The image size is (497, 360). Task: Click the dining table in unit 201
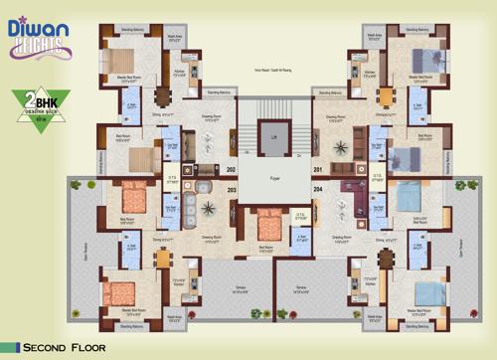[x=385, y=97]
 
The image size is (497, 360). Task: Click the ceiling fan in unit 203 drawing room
[x=211, y=208]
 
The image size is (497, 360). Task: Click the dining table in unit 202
[x=164, y=97]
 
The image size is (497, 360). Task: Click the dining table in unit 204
[x=385, y=258]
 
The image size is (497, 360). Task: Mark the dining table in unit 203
[x=164, y=258]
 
